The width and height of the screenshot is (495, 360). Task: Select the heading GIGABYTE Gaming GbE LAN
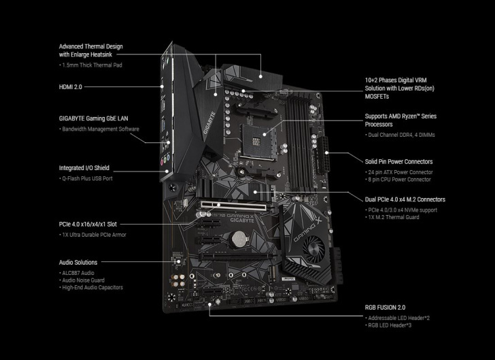[93, 118]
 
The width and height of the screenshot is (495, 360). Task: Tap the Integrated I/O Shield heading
[84, 167]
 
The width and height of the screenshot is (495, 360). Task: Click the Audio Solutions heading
[78, 262]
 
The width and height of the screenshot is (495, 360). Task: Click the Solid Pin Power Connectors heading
[398, 161]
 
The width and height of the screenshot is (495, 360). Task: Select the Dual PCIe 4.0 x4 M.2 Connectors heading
[405, 199]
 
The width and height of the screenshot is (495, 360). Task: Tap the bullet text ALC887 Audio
[79, 272]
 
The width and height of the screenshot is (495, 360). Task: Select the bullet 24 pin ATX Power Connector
[399, 172]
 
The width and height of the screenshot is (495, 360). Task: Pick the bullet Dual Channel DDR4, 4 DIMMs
[400, 135]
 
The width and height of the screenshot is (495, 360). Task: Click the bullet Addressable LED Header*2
[398, 318]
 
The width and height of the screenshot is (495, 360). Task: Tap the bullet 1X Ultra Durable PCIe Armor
[92, 235]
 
